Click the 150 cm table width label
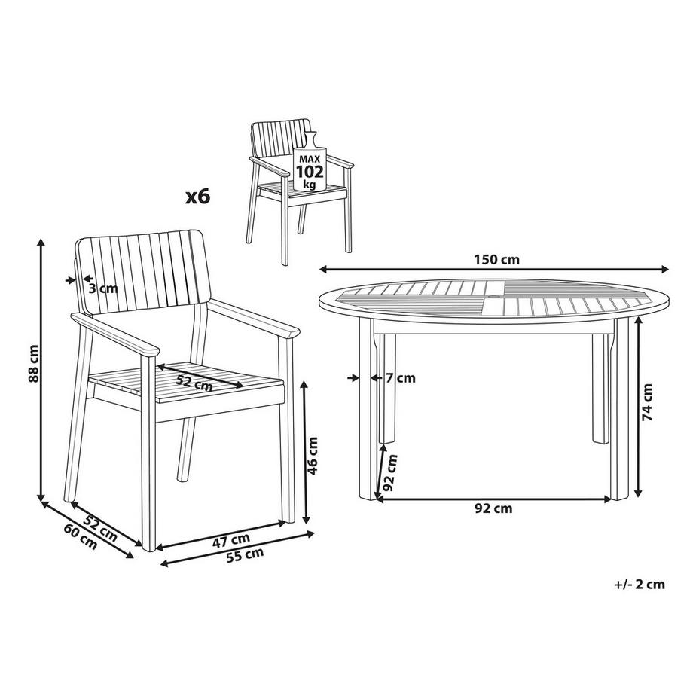(x=496, y=259)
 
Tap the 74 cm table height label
(x=647, y=401)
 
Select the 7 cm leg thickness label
(x=401, y=378)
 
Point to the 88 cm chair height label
(x=34, y=363)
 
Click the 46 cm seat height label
(x=312, y=456)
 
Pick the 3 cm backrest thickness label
(x=103, y=288)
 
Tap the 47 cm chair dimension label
(x=231, y=540)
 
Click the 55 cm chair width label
(x=245, y=555)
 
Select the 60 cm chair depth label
(x=81, y=536)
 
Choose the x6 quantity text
(x=197, y=197)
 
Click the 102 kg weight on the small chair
(x=310, y=172)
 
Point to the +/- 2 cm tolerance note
(x=639, y=585)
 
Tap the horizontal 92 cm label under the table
(x=493, y=508)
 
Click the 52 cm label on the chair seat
(x=194, y=383)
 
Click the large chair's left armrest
(x=114, y=334)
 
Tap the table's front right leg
(x=619, y=409)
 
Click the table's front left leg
(x=368, y=409)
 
